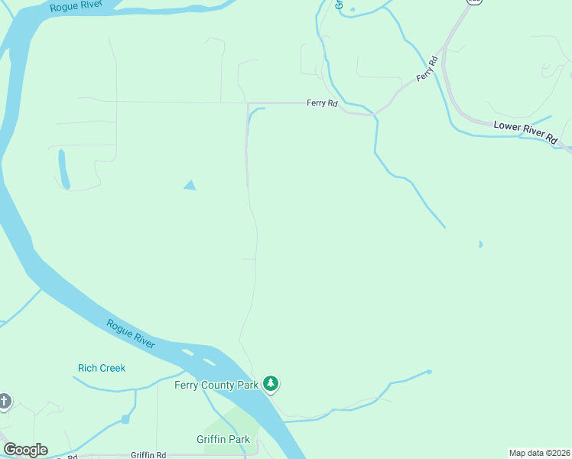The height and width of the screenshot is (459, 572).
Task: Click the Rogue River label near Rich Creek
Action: (131, 334)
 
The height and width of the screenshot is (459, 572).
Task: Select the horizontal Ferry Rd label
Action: (322, 103)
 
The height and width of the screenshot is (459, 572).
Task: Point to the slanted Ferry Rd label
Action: (426, 70)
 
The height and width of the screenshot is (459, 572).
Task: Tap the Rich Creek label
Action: (101, 368)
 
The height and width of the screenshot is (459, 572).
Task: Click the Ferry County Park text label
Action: (216, 385)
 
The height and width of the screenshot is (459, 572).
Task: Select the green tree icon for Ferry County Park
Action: (270, 382)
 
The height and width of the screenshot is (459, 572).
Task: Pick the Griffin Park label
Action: (223, 440)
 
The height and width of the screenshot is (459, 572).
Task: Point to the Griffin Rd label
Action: (148, 454)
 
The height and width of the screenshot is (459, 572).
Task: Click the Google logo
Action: (25, 450)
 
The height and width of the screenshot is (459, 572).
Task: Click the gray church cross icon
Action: (5, 401)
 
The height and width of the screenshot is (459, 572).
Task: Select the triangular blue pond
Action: (189, 185)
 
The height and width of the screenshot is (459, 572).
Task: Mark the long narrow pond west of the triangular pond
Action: (63, 168)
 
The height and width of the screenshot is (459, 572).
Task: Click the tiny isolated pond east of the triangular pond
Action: (480, 245)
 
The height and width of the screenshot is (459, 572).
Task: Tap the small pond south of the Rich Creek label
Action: (125, 419)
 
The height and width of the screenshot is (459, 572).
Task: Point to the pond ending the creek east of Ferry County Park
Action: (429, 372)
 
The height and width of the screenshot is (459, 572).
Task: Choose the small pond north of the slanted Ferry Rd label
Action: (352, 10)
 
